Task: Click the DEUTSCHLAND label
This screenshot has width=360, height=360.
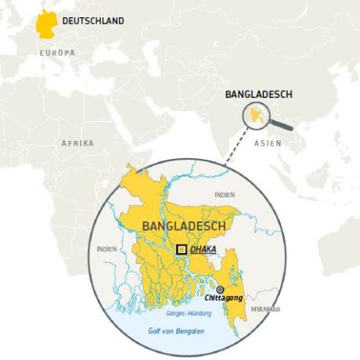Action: pos(92,21)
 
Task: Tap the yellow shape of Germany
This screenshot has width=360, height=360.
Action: pos(45,24)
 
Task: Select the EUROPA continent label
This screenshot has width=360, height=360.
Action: pos(57,52)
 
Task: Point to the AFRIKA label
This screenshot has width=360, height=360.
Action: pos(77,143)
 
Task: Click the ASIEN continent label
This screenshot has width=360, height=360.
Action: pos(269,143)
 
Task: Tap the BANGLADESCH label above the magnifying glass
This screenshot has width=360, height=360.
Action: pos(258,95)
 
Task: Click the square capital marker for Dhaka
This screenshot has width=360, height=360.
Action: pos(182,249)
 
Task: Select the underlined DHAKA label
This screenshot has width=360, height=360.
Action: pos(203,249)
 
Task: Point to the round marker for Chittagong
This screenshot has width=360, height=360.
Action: pos(220,290)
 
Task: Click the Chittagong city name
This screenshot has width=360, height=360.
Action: pos(220,299)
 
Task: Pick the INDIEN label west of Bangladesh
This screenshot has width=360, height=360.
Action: pos(106,248)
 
